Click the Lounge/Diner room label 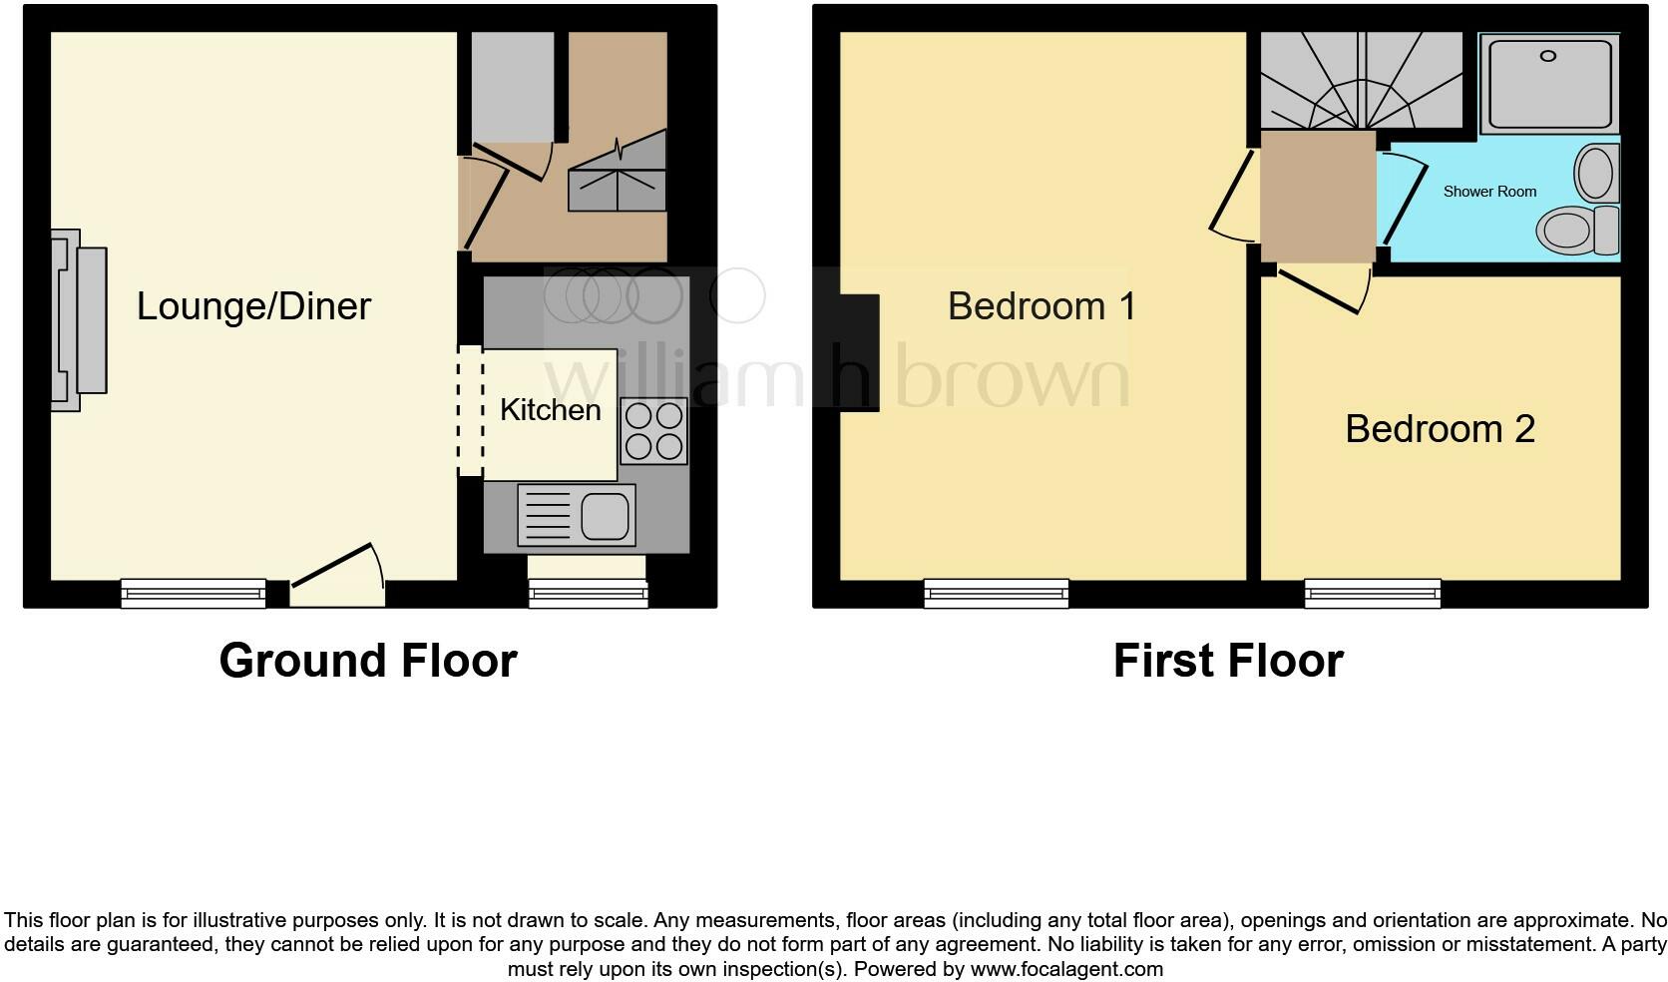(253, 306)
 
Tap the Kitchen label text (550, 409)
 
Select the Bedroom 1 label (1042, 306)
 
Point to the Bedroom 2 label (1440, 429)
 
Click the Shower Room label (1489, 192)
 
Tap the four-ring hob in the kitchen (653, 431)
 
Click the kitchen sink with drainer (577, 516)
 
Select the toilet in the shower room (1576, 231)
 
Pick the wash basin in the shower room (1596, 173)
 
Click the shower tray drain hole (1548, 56)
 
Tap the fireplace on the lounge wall (79, 320)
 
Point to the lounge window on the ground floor (194, 594)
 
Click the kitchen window (588, 595)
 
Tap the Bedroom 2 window (1373, 594)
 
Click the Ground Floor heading (368, 661)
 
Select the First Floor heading (1228, 661)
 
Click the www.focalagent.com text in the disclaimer (1065, 969)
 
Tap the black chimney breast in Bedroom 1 (860, 352)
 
